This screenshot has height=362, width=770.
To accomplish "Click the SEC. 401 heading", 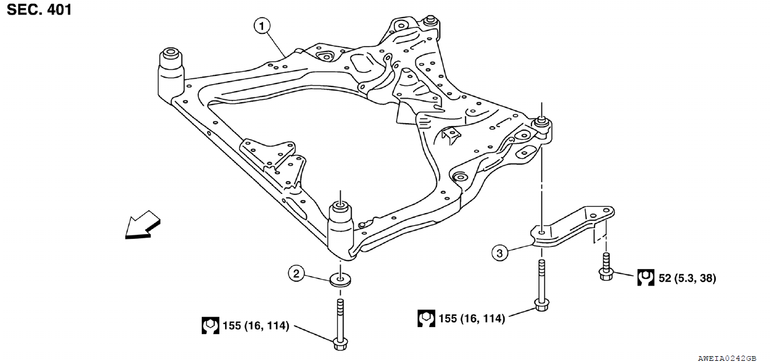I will [39, 9].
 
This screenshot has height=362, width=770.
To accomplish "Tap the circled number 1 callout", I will [262, 26].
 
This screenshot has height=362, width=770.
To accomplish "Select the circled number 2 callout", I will [297, 273].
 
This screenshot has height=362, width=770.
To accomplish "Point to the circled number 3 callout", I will [498, 253].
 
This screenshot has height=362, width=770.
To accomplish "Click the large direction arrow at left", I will [142, 225].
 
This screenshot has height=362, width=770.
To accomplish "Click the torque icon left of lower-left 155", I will [210, 326].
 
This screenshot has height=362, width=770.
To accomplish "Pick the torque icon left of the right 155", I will [426, 318].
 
